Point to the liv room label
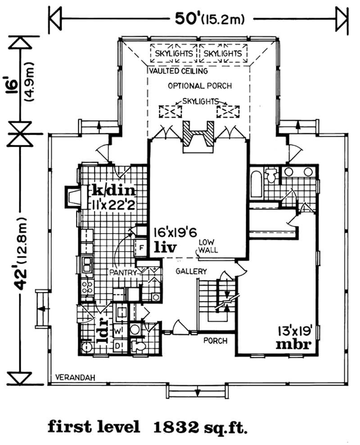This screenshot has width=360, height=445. click(x=164, y=247)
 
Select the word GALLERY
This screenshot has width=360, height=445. click(x=191, y=271)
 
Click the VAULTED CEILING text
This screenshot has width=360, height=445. click(x=177, y=71)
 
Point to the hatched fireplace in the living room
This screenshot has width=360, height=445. click(x=198, y=134)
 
